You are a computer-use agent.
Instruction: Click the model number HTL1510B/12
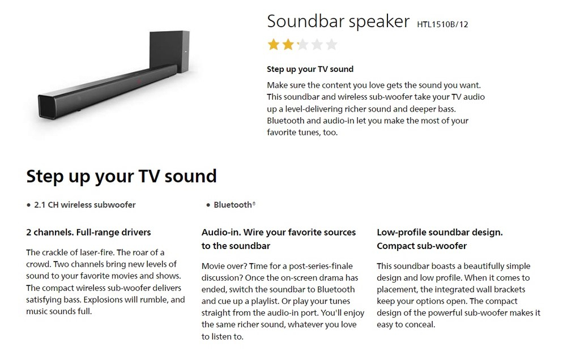(442, 24)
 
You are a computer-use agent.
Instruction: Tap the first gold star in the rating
(274, 44)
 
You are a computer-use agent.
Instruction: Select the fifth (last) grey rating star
(331, 44)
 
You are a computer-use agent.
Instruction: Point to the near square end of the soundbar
(47, 107)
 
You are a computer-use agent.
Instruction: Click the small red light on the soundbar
(139, 81)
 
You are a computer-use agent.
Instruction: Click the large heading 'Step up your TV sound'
(121, 176)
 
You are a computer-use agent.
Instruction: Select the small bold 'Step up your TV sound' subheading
(310, 69)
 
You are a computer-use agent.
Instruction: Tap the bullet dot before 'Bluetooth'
(208, 205)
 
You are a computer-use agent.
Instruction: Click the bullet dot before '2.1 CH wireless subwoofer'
(28, 205)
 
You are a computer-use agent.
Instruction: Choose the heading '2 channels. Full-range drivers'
(88, 233)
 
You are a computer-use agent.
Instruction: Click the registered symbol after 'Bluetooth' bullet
(254, 203)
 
